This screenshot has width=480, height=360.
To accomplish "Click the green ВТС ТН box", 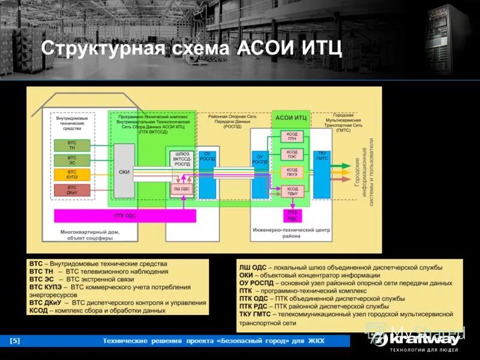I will [x=72, y=146].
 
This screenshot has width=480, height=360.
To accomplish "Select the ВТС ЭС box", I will [x=72, y=160].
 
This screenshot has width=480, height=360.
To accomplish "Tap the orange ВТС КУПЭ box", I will [x=72, y=175].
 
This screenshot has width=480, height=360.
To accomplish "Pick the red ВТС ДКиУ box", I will [x=72, y=190].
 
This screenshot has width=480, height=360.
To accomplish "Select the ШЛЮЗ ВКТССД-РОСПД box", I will [x=181, y=158].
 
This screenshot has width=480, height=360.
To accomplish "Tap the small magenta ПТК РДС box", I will [x=292, y=215].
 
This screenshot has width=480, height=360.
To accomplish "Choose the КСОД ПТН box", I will [x=292, y=136].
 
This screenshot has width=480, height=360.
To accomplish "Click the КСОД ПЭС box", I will [x=292, y=155].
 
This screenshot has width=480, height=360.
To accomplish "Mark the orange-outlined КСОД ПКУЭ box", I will [x=292, y=173].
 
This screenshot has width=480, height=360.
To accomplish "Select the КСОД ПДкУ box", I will [x=292, y=191].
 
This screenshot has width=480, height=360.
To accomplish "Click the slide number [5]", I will [x=15, y=341].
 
